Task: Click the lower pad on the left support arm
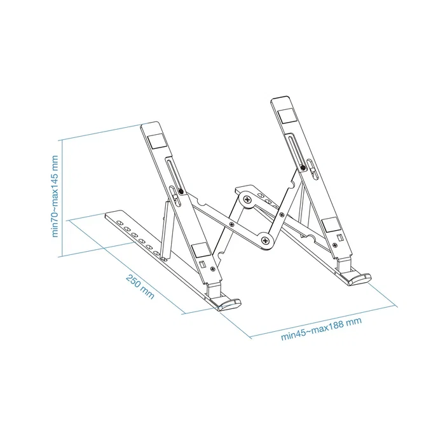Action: click(198, 250)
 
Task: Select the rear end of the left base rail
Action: click(112, 216)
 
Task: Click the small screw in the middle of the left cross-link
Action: click(233, 223)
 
